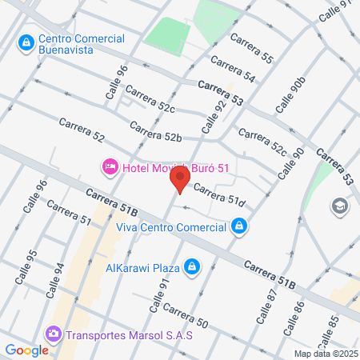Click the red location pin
(180, 178)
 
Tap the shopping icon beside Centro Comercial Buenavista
(26, 40)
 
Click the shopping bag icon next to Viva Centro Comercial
(238, 227)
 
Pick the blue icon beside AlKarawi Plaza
(191, 266)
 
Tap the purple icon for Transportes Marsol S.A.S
(54, 334)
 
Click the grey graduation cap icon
(339, 207)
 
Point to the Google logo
(26, 350)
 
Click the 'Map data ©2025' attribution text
(326, 354)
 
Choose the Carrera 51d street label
(218, 197)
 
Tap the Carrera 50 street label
(186, 316)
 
